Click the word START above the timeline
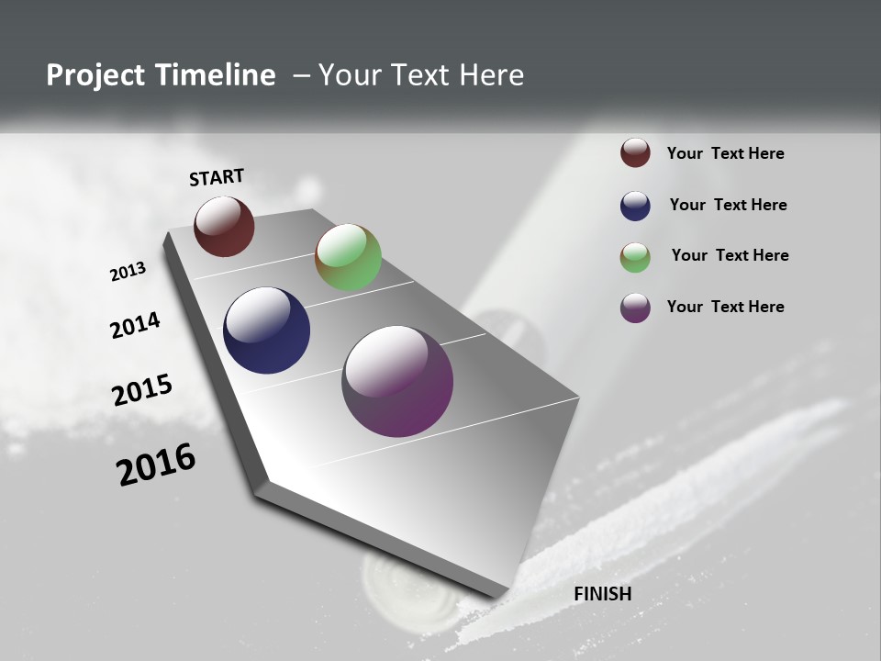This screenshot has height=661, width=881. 217,177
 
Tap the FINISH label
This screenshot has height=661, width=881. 603,594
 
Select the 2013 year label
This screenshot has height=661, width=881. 128,272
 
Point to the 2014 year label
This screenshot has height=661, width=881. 136,326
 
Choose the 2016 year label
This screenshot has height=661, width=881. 156,465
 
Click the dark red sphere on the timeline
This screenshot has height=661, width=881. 224,226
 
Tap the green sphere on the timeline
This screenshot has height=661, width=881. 348,257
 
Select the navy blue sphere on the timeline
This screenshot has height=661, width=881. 266,330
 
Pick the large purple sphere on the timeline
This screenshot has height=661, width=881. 397,381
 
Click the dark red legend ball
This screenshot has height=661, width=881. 635,152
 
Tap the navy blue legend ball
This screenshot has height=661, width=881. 635,206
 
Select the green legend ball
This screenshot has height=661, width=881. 635,257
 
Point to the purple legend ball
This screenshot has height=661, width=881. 635,308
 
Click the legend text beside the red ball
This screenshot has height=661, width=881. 726,153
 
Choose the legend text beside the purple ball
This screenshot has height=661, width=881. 726,307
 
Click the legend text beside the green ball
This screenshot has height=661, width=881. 730,255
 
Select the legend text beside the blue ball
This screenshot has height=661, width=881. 729,205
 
